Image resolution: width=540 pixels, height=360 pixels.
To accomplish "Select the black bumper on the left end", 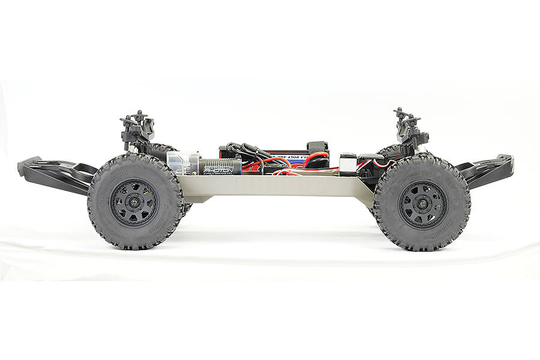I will point(51,174).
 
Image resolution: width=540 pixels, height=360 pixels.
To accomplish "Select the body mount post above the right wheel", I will point(408,126).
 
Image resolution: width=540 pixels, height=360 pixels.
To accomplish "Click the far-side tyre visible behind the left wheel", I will point(162,149).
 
